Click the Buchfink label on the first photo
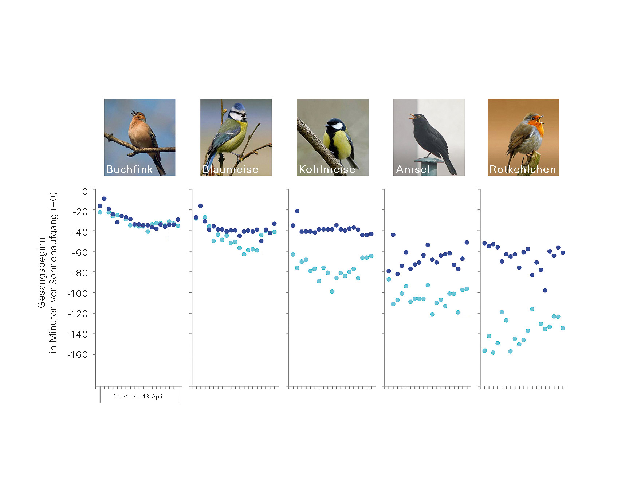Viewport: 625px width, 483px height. [130, 169]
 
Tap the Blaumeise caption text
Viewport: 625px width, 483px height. [230, 169]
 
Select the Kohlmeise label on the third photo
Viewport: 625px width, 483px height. [327, 169]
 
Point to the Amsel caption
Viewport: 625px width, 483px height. [413, 169]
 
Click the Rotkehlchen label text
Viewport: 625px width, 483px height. [523, 169]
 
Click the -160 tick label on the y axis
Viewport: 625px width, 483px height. [78, 355]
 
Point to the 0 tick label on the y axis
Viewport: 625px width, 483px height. [85, 191]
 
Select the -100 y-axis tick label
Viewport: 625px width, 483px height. [78, 293]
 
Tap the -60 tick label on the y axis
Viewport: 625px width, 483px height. [80, 252]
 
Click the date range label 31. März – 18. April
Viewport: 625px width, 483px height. [138, 397]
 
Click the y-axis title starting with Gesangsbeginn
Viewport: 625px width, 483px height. [47, 272]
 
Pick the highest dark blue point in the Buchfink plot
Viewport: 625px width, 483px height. [104, 199]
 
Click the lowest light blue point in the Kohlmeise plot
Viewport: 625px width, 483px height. [332, 291]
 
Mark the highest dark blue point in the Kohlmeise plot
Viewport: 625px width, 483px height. [297, 211]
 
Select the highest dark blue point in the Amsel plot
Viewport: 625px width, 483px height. [393, 235]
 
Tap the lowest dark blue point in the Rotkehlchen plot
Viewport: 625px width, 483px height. [545, 291]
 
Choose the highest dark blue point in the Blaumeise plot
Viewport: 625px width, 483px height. [200, 206]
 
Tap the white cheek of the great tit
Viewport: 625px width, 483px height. [337, 126]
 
